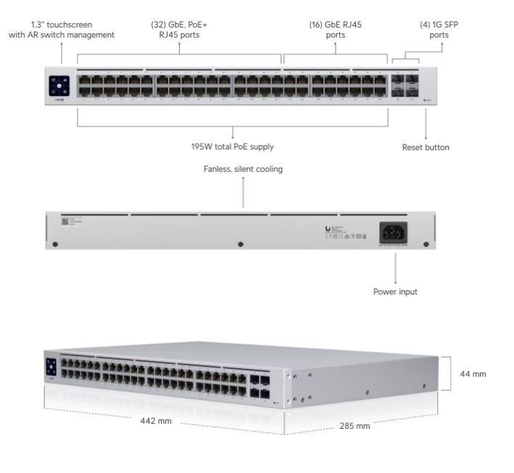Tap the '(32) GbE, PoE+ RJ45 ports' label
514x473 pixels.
coord(179,29)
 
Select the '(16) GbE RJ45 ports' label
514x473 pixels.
coord(336,29)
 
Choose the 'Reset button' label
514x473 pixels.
coord(425,147)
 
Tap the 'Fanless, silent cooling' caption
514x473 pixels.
coord(243,170)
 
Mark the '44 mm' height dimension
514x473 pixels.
coord(473,374)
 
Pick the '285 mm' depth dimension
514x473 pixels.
coord(355,426)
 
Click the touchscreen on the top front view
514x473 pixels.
coord(59,86)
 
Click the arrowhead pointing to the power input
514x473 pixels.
coord(396,281)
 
